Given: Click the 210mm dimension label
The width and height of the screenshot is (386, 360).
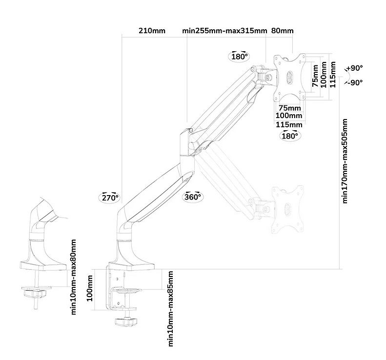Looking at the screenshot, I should click(152, 31).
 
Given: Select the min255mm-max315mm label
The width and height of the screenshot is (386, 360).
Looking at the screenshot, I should click(224, 31).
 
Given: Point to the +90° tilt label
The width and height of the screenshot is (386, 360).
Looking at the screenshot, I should click(355, 68).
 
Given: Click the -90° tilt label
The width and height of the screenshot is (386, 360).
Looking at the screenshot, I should click(355, 82).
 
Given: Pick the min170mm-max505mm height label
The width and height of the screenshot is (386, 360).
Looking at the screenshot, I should click(345, 160).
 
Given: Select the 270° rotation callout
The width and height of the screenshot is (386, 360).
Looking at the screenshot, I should click(110, 198).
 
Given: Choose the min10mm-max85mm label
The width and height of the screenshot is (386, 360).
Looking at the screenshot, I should click(171, 308).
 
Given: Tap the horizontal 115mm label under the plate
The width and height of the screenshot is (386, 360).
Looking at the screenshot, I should click(289, 124).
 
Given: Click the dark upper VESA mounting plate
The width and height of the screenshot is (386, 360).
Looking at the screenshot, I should click(290, 77).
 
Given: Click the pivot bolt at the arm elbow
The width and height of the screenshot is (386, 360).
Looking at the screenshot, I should click(190, 130).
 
